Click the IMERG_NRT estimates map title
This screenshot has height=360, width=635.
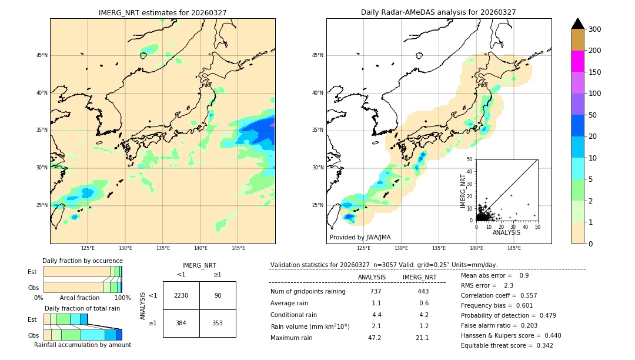pos(162,12)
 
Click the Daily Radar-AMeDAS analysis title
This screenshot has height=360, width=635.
pos(438,12)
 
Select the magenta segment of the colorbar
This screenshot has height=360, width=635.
pos(578,61)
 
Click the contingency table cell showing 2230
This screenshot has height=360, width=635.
pos(181,295)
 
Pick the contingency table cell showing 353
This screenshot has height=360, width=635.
pos(218,323)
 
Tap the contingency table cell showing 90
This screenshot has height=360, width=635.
pos(218,295)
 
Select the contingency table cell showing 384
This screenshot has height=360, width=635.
pos(181,323)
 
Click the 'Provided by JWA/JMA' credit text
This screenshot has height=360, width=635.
pos(360,237)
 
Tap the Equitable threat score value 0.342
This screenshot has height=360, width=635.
pos(542,345)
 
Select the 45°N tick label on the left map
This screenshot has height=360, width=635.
pos(42,55)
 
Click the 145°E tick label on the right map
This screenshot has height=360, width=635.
pos(514,248)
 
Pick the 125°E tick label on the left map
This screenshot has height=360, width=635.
pos(88,248)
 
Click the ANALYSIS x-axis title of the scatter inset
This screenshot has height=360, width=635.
pos(506,232)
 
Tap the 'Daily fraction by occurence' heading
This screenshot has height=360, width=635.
pos(82,261)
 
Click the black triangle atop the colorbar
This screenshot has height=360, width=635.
pos(578,24)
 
